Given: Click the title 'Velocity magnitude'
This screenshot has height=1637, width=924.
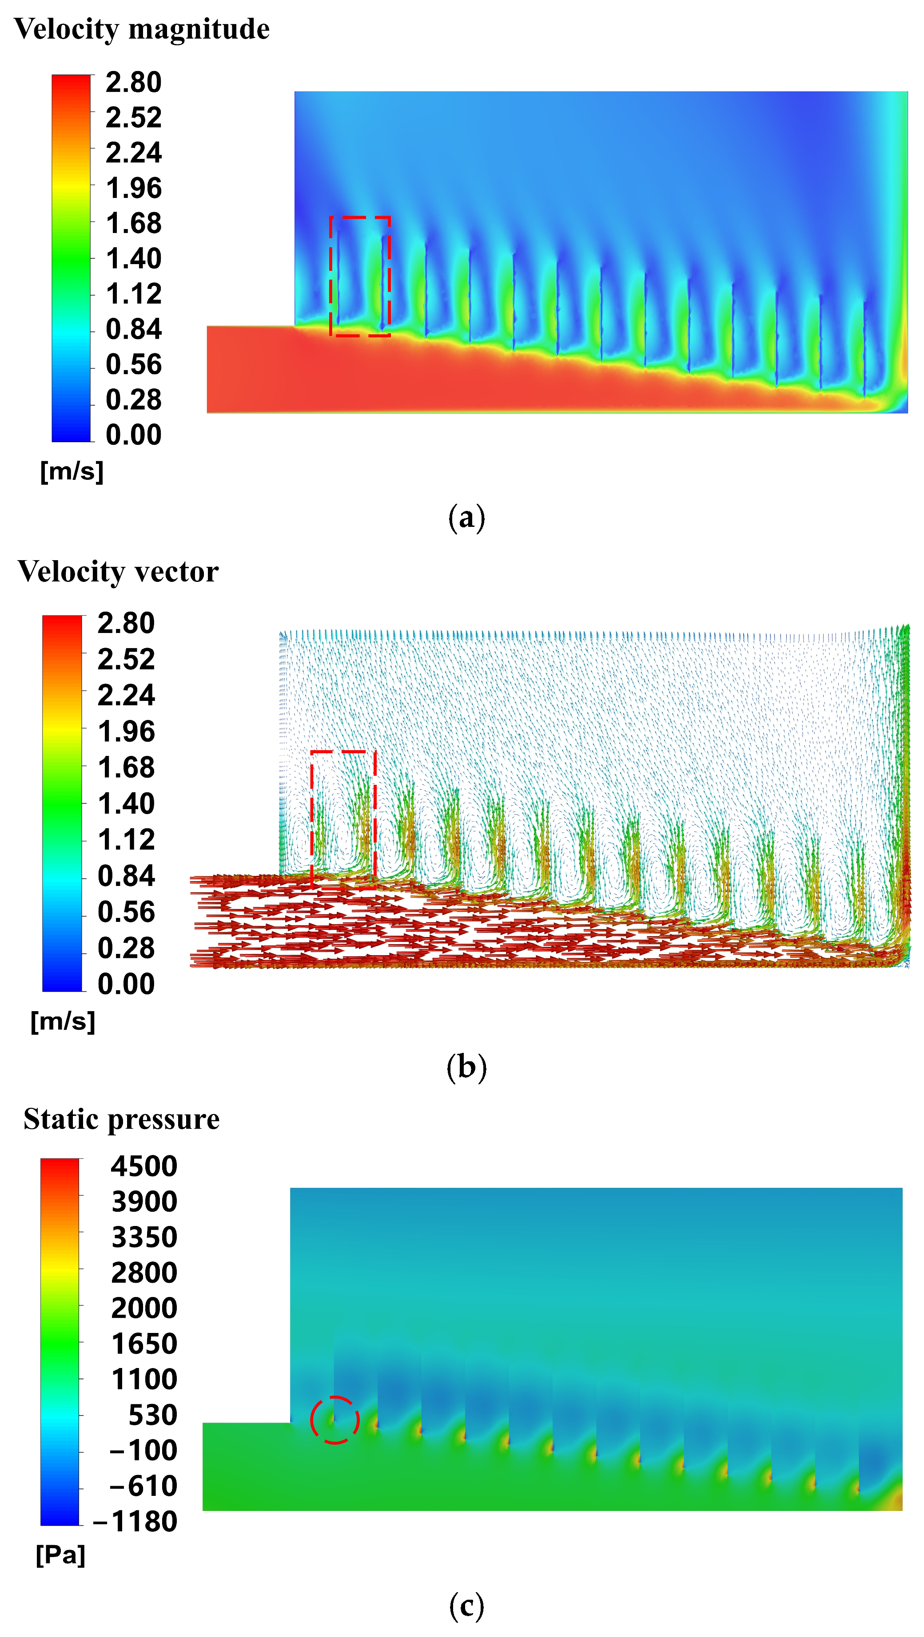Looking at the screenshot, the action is point(142,30).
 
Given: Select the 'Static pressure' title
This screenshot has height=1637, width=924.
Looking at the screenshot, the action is point(121,1119).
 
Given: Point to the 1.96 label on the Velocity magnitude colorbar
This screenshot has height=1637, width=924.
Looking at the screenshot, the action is point(134,188).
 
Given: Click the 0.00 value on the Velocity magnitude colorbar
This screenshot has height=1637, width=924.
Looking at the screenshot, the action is point(134,435).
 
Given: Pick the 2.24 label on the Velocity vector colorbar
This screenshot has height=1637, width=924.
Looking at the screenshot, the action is point(126,695).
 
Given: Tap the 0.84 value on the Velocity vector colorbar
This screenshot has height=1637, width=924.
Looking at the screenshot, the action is point(126,876).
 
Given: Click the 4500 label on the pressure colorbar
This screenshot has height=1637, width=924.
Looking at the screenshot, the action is point(144,1166).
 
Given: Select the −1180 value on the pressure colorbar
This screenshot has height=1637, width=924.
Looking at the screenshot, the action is point(135,1521).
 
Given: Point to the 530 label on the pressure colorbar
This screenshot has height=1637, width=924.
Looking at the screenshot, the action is point(153,1415).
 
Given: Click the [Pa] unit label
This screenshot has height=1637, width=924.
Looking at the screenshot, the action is point(60,1555).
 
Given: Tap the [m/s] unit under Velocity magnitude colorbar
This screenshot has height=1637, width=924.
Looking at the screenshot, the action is point(72,471).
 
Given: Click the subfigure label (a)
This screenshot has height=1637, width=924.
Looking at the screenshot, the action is point(467,518).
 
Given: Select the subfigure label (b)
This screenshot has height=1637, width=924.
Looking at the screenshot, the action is point(467,1067).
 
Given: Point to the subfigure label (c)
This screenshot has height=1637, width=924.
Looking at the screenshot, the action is point(467,1606).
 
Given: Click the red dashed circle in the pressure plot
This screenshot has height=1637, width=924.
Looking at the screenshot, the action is point(311,1420).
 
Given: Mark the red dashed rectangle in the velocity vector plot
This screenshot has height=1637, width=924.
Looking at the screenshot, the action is point(311,818).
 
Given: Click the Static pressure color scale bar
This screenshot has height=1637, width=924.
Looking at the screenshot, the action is point(60,1341).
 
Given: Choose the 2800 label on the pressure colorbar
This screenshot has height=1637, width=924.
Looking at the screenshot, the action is point(144,1273).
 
